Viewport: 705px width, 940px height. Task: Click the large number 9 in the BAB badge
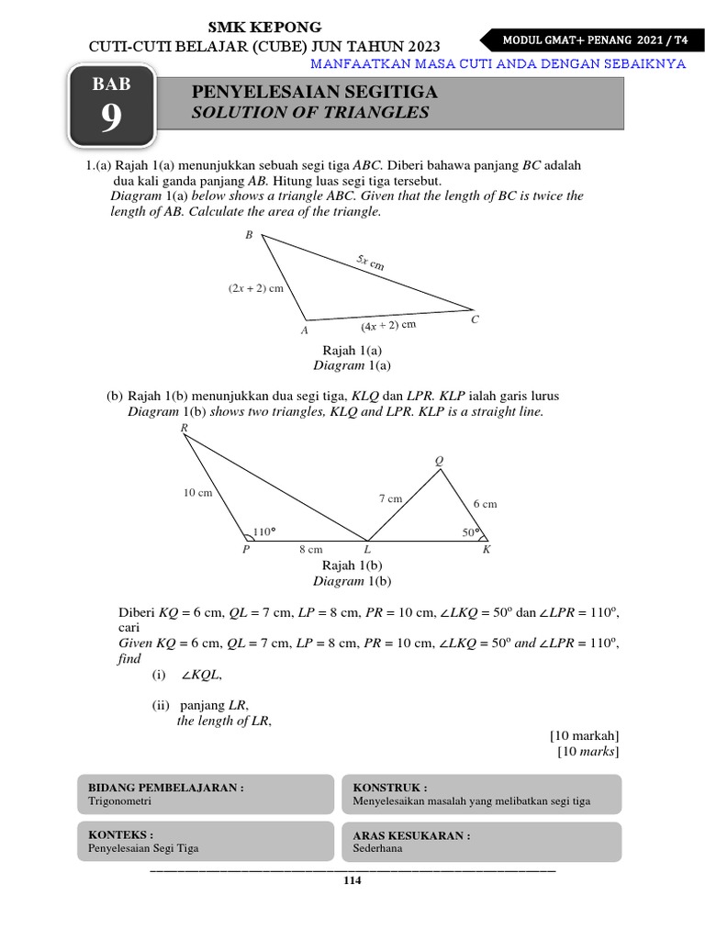110,119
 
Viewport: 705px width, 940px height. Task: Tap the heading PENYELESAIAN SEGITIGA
314,93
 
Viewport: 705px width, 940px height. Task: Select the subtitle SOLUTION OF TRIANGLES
309,113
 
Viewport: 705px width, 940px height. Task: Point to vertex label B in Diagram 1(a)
248,236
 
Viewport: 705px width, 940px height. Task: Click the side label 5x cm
371,263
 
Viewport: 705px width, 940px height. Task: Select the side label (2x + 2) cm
256,288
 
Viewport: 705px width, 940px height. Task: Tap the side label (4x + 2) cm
388,325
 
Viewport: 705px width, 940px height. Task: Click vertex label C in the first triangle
475,319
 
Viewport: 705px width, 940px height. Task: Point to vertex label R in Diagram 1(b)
185,428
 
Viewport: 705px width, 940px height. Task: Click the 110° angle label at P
264,532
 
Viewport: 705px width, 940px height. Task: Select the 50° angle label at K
471,532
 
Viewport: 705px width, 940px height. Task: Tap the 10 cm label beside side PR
197,493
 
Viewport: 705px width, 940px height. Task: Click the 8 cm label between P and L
310,550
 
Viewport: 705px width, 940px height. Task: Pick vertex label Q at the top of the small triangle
439,461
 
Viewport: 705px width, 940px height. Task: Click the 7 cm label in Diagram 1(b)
390,498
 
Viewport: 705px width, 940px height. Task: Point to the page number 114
352,881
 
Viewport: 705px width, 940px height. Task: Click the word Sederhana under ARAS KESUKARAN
377,848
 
